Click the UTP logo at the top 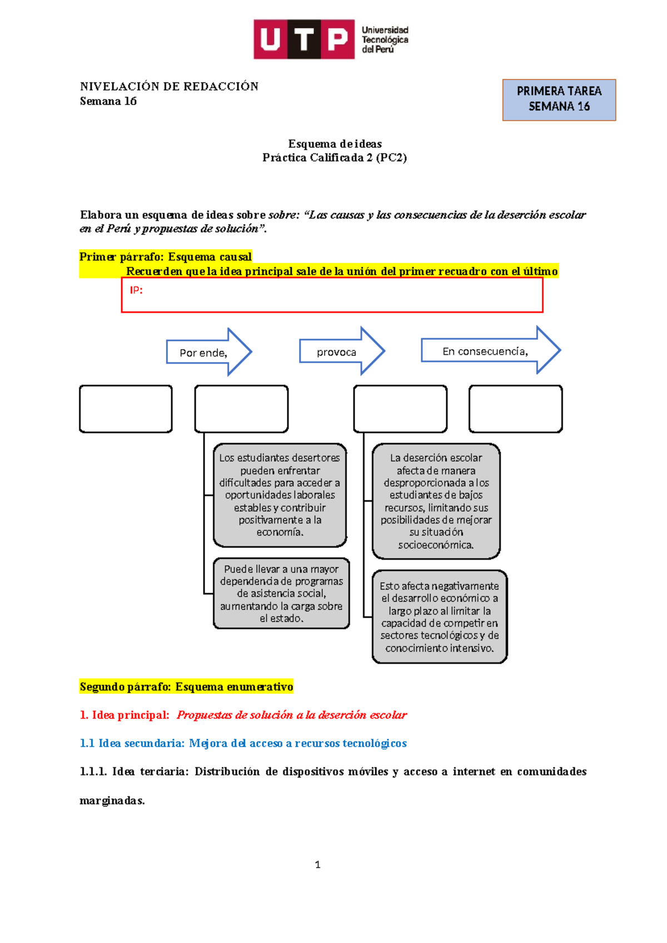pos(331,39)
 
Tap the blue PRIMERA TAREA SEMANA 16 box pos(559,100)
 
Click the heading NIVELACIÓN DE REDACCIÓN pos(169,86)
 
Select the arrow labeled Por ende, pos(208,352)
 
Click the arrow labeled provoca pos(341,351)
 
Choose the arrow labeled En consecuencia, pos(490,350)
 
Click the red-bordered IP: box pos(332,295)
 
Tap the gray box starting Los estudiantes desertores pos(280,495)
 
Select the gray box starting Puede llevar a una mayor pos(281,593)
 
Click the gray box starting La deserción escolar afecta pos(436,501)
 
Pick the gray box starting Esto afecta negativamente pos(439,617)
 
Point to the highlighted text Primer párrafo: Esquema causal pos(166,257)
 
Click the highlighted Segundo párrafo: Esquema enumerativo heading pos(186,687)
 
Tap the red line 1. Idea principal pos(243,715)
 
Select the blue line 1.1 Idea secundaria pos(243,743)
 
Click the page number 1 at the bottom pos(317,865)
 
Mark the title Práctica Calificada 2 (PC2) pos(335,157)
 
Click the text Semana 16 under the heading pos(108,101)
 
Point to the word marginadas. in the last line pos(112,801)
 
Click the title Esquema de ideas pos(335,143)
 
